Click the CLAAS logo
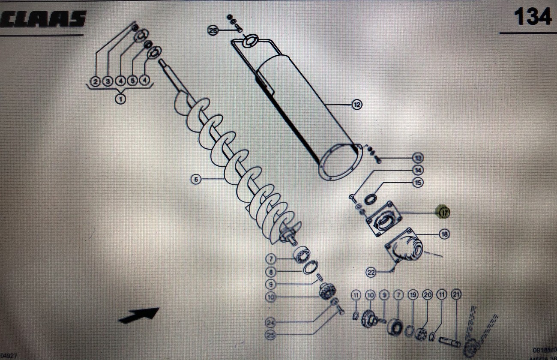coord(43,20)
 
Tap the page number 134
coord(532,18)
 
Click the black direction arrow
coord(139,315)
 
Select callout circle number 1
coord(120,99)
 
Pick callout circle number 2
coord(96,81)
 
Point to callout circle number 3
coord(108,81)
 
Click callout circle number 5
coord(133,81)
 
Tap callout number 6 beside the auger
coord(196,180)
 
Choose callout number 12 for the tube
coord(356,104)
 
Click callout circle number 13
coord(418,158)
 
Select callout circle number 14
coord(418,170)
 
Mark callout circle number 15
coord(418,183)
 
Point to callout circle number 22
coord(371,272)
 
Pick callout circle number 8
coord(270,271)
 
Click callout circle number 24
coord(270,322)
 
